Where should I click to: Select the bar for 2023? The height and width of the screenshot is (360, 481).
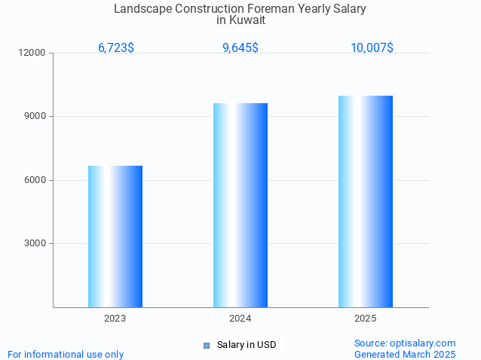pos(115,236)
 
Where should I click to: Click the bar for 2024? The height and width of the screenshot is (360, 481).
pos(240,205)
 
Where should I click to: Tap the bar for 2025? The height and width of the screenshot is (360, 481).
pos(366,201)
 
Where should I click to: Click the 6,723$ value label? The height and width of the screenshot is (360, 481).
pos(116,48)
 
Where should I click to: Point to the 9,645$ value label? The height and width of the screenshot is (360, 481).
pos(240,48)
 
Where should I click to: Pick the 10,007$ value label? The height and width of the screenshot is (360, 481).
pos(372,48)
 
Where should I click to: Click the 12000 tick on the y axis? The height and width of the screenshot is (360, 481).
pos(33,53)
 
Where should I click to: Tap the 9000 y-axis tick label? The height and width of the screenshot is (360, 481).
pos(35,117)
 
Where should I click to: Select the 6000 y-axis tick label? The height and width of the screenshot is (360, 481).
pos(35,180)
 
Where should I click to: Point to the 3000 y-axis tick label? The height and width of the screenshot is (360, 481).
pos(35,243)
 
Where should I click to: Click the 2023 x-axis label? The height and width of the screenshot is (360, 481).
pos(115,319)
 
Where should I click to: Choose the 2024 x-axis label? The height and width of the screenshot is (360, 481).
pos(240,319)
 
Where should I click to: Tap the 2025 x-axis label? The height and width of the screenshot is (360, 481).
pos(366,319)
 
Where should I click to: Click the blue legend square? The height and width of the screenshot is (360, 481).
pos(207,346)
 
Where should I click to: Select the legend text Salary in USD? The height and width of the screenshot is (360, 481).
pos(247,346)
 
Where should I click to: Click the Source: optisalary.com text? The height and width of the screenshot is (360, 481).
pos(405,343)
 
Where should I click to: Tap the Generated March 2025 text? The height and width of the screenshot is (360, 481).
pos(405,354)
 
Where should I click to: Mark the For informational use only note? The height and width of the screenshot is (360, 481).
pos(66,354)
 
